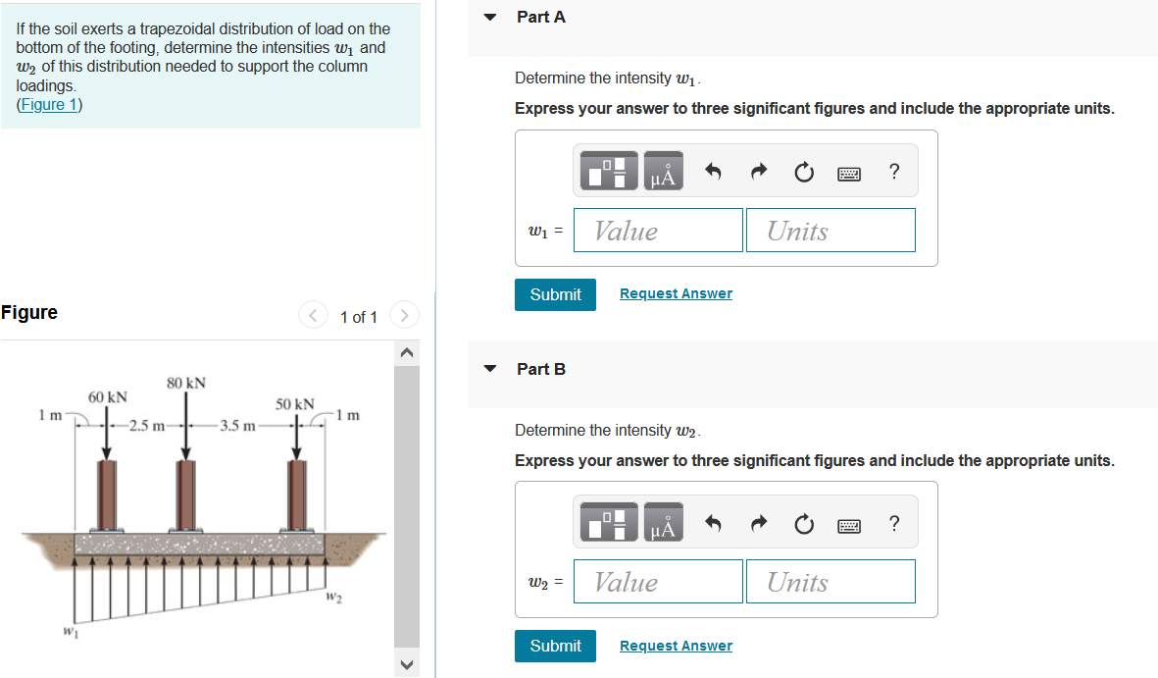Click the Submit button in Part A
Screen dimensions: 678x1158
pos(555,294)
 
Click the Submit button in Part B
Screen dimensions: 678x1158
pos(555,646)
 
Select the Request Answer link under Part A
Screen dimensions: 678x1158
pos(676,293)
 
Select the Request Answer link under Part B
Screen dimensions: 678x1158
pos(676,646)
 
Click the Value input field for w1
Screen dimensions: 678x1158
pos(658,231)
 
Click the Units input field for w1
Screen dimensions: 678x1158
pos(831,231)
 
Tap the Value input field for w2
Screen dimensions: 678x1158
pos(658,582)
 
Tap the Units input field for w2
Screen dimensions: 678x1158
pos(831,582)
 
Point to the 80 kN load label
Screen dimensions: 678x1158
pos(186,383)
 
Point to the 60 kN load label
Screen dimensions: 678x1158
pos(108,397)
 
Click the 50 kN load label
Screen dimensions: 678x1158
pos(294,404)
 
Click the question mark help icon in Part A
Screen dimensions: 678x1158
pos(893,173)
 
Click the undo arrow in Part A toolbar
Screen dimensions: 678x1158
pos(714,174)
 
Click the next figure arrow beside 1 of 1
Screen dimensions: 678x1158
pos(404,316)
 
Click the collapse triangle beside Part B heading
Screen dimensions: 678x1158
pos(492,369)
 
